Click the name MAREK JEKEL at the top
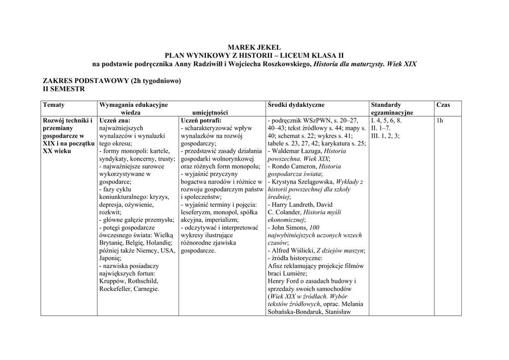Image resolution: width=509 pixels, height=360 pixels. (254, 47)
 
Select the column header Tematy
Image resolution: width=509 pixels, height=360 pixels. (54, 105)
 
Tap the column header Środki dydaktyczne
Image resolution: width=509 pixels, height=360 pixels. (296, 105)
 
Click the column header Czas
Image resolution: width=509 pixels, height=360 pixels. (443, 105)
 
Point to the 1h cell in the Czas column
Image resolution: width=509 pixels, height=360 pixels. (439, 120)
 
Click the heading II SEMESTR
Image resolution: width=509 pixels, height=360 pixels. (64, 89)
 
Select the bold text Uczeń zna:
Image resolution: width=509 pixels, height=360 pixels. (115, 120)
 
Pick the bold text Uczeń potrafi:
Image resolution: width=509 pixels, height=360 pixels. (201, 120)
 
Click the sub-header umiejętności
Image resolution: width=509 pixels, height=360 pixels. (210, 113)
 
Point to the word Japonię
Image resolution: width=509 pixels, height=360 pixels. (110, 258)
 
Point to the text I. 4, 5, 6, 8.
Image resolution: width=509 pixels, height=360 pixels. (387, 120)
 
